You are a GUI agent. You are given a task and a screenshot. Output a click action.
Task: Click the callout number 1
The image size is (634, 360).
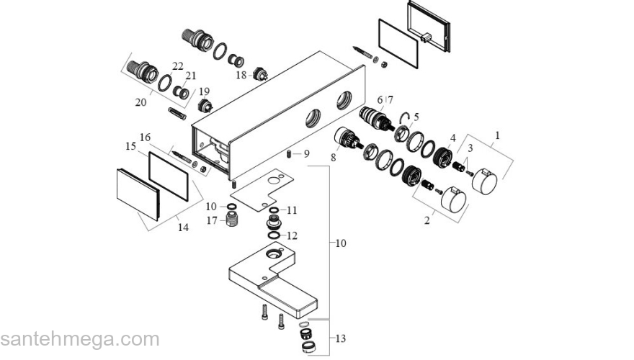pyautogui.click(x=496, y=135)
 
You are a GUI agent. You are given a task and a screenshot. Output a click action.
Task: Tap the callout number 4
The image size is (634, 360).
pyautogui.click(x=453, y=138)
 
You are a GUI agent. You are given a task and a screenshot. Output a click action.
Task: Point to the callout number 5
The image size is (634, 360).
pyautogui.click(x=416, y=116)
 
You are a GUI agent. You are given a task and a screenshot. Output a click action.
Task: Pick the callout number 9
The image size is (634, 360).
pyautogui.click(x=306, y=153)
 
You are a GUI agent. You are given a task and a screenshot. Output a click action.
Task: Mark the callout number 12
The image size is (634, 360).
pyautogui.click(x=292, y=235)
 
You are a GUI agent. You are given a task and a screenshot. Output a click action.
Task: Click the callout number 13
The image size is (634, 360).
pyautogui.click(x=341, y=338)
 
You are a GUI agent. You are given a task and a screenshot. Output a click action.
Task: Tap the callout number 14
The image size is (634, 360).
pyautogui.click(x=183, y=228)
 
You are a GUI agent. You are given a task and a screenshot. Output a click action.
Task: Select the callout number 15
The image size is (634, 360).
pyautogui.click(x=130, y=146)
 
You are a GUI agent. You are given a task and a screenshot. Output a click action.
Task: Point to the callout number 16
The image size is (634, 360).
pyautogui.click(x=145, y=138)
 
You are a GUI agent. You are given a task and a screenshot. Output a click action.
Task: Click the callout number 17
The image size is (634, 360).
pyautogui.click(x=210, y=220)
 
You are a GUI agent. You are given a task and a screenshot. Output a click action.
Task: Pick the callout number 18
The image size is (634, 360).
pyautogui.click(x=241, y=75)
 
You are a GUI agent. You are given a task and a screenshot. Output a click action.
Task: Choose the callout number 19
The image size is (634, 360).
pyautogui.click(x=204, y=91)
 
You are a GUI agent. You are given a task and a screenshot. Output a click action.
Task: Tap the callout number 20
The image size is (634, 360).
pyautogui.click(x=140, y=102)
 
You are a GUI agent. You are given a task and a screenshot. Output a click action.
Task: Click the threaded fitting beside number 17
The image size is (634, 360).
pyautogui.click(x=231, y=219)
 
